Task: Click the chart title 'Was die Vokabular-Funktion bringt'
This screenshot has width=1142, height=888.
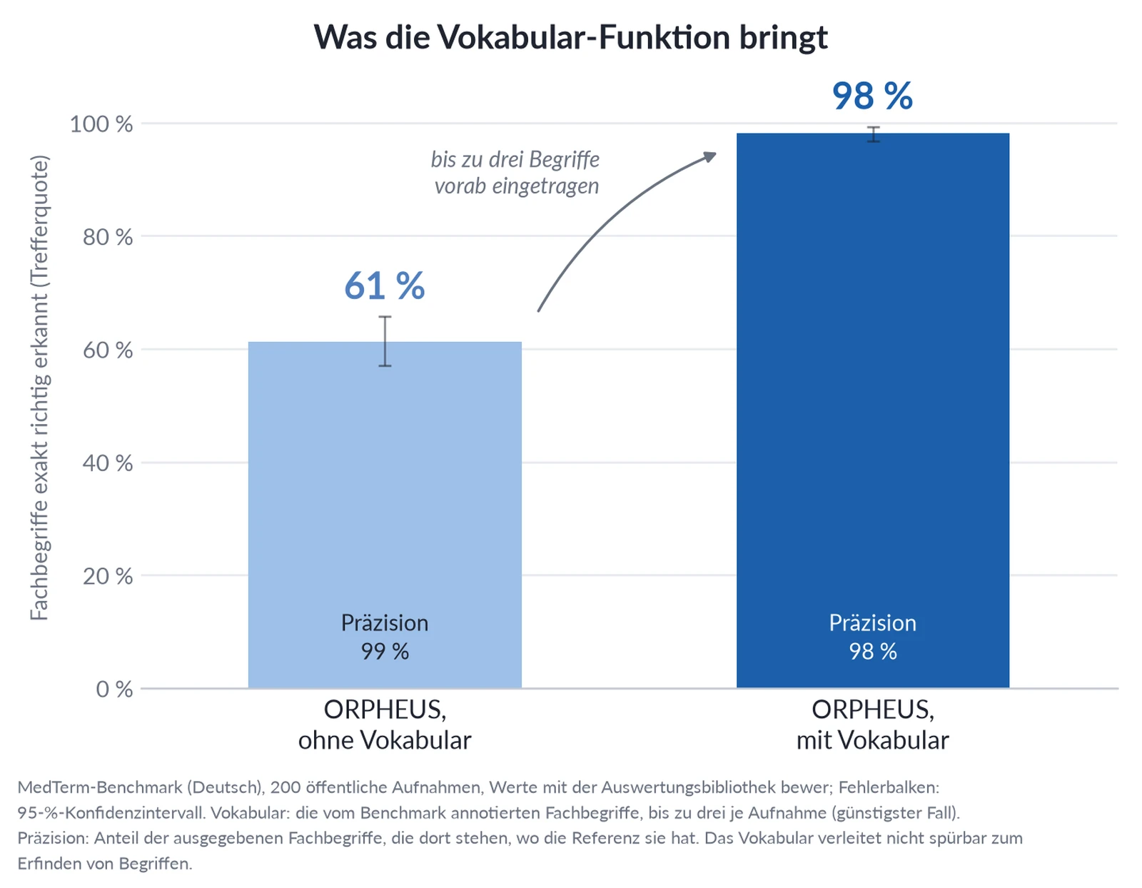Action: coord(570,38)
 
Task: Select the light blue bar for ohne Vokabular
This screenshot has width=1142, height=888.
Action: coord(385,515)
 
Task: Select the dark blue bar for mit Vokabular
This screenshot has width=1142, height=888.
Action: coord(872,410)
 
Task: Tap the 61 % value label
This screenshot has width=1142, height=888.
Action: coord(385,286)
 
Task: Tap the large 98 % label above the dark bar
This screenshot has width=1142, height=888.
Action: coord(872,96)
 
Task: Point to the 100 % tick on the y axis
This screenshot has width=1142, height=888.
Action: coord(101,124)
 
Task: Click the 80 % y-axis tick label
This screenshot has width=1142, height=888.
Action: coord(108,237)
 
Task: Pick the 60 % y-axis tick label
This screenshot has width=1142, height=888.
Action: coord(108,350)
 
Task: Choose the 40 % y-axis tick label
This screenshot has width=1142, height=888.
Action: coord(108,463)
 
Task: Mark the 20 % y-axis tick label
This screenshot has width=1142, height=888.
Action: coord(108,576)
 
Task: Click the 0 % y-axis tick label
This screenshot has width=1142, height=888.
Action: coord(114,689)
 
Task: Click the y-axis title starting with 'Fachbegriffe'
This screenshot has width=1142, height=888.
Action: coord(39,388)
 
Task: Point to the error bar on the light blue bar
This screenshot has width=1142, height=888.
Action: coord(385,341)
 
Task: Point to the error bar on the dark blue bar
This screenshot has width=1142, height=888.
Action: coord(874,134)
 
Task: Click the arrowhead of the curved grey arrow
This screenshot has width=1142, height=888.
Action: coord(710,156)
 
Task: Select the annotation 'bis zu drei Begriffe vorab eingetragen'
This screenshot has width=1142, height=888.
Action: coord(515,172)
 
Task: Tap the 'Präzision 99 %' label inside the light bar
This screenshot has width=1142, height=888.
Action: coord(385,637)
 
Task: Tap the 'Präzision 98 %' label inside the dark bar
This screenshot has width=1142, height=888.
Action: coord(872,637)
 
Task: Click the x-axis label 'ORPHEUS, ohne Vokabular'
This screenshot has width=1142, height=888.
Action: coord(385,725)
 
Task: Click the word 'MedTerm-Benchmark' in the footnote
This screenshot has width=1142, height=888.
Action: coord(100,787)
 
